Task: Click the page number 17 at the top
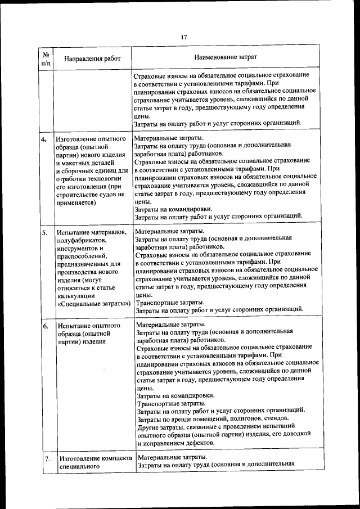pos(183,38)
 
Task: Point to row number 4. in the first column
pos(43,138)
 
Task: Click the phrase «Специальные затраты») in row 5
pos(93,304)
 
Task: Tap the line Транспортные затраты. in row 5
pos(170,302)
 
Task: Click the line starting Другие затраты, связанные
pos(224,427)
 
